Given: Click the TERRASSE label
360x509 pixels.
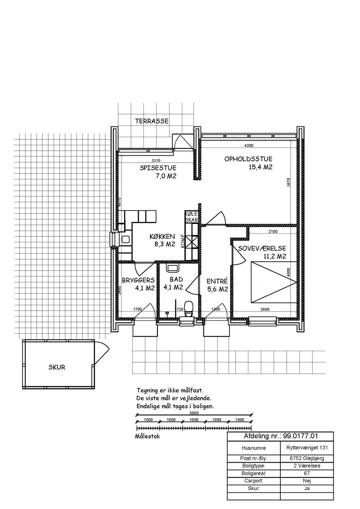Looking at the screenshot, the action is [x=152, y=121].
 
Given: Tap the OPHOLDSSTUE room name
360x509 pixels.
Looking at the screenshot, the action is [x=248, y=159].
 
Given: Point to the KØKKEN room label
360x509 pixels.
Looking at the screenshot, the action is [x=162, y=237].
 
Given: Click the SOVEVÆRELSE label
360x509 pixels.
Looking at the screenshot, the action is [x=262, y=248].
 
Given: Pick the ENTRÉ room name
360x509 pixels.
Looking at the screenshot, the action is [x=217, y=281].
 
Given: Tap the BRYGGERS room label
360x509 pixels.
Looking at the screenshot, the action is [x=138, y=280].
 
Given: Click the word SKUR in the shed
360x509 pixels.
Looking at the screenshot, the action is [x=57, y=367].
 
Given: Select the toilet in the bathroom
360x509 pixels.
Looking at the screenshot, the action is [x=189, y=309].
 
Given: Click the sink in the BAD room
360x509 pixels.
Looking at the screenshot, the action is [x=172, y=268].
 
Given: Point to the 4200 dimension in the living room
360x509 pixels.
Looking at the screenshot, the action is [x=248, y=145].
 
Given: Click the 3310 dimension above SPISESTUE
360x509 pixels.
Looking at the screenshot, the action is [x=156, y=161].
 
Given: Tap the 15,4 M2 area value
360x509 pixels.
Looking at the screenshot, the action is [x=260, y=168].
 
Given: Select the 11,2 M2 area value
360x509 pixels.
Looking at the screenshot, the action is [x=274, y=256].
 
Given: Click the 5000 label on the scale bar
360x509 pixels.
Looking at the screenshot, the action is [x=194, y=413].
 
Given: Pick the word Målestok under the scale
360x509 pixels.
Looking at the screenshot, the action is [x=148, y=436].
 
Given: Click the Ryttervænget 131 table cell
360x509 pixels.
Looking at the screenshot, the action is [x=307, y=448].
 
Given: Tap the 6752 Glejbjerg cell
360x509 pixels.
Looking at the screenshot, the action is [x=307, y=458].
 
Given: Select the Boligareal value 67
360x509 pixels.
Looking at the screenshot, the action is [x=307, y=473].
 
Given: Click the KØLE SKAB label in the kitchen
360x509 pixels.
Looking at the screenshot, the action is [x=192, y=217].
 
